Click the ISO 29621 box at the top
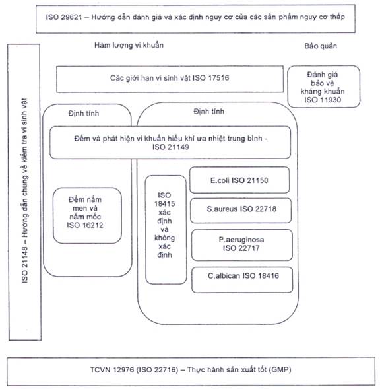click(x=195, y=18)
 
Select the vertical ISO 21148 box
click(x=24, y=192)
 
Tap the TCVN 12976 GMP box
click(x=191, y=371)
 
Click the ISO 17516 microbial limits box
click(x=170, y=79)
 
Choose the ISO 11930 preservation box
click(x=323, y=87)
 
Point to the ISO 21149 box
click(x=170, y=143)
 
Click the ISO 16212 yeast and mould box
click(x=87, y=215)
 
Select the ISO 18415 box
click(x=166, y=229)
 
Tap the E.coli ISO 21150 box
click(x=239, y=180)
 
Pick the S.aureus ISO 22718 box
click(x=241, y=211)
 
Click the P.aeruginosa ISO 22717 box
click(x=241, y=245)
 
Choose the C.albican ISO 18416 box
click(x=242, y=279)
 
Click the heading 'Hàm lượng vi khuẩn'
click(x=129, y=45)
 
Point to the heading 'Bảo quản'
click(x=321, y=46)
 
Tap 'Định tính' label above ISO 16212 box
click(x=84, y=113)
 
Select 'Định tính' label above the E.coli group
click(x=208, y=111)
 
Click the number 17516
click(x=218, y=78)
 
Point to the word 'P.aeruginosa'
click(x=241, y=240)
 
